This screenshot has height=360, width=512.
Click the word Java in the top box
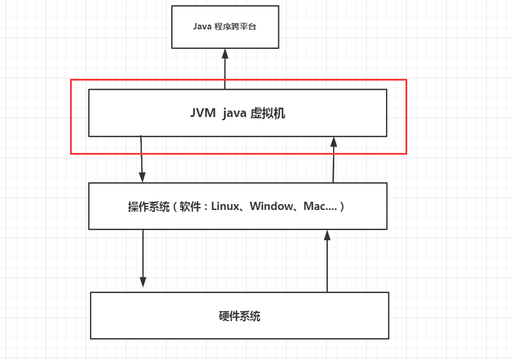pos(202,26)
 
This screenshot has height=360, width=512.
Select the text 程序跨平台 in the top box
pos(235,26)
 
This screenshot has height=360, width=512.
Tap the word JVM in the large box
pos(203,114)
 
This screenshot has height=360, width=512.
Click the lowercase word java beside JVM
pos(234,114)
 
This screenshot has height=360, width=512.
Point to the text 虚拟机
pos(268,114)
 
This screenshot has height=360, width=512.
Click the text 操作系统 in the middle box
pos(149,206)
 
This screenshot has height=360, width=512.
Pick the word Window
pos(271,206)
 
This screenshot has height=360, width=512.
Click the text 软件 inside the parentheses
pos(190,206)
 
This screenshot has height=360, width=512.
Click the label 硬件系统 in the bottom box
pos(240,316)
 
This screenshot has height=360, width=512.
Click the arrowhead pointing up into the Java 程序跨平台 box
pos(225,54)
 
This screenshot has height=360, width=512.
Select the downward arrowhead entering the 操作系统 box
pos(142,177)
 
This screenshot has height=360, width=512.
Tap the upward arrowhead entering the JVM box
pos(333,142)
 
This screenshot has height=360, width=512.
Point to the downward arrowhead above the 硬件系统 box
pos(142,282)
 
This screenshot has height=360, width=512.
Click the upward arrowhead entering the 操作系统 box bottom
pos(327,235)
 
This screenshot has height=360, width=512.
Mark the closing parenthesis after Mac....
pos(341,206)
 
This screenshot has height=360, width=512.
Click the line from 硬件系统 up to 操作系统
pos(327,261)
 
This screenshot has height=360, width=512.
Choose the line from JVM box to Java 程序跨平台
pos(225,69)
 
